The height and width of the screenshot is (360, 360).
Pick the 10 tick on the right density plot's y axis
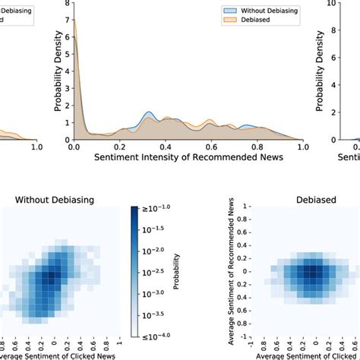[330, 3]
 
